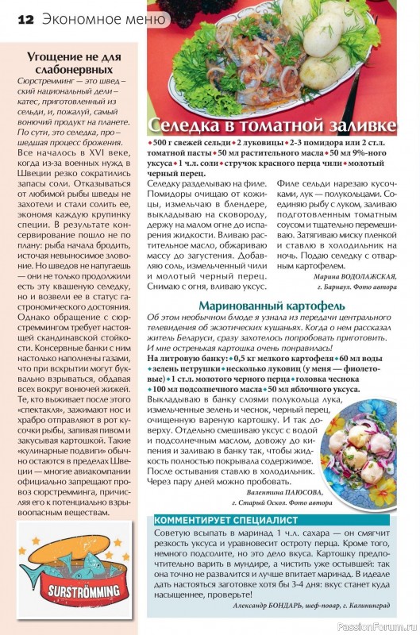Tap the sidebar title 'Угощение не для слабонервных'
[74, 63]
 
